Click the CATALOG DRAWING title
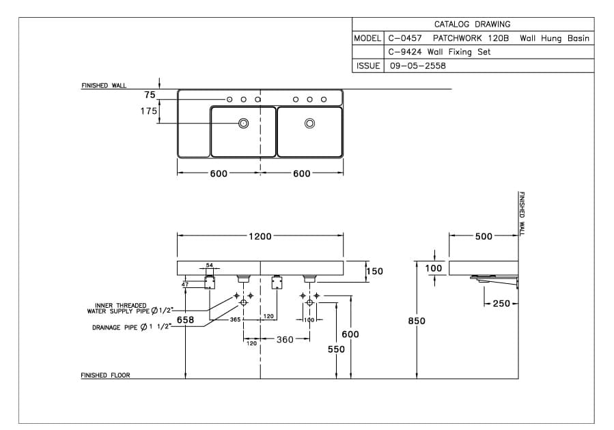(472, 24)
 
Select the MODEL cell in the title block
(367, 38)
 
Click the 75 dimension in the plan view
(150, 95)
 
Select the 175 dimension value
(149, 111)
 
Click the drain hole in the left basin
(242, 124)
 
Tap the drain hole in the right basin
(309, 124)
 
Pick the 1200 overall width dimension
(260, 236)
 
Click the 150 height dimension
(375, 271)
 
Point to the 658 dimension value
(185, 319)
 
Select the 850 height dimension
(417, 321)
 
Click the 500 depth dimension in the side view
(484, 236)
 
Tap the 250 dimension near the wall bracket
(501, 303)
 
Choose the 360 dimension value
(285, 339)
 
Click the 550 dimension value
(336, 349)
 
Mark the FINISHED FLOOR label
(105, 375)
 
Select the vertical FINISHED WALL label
(522, 213)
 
